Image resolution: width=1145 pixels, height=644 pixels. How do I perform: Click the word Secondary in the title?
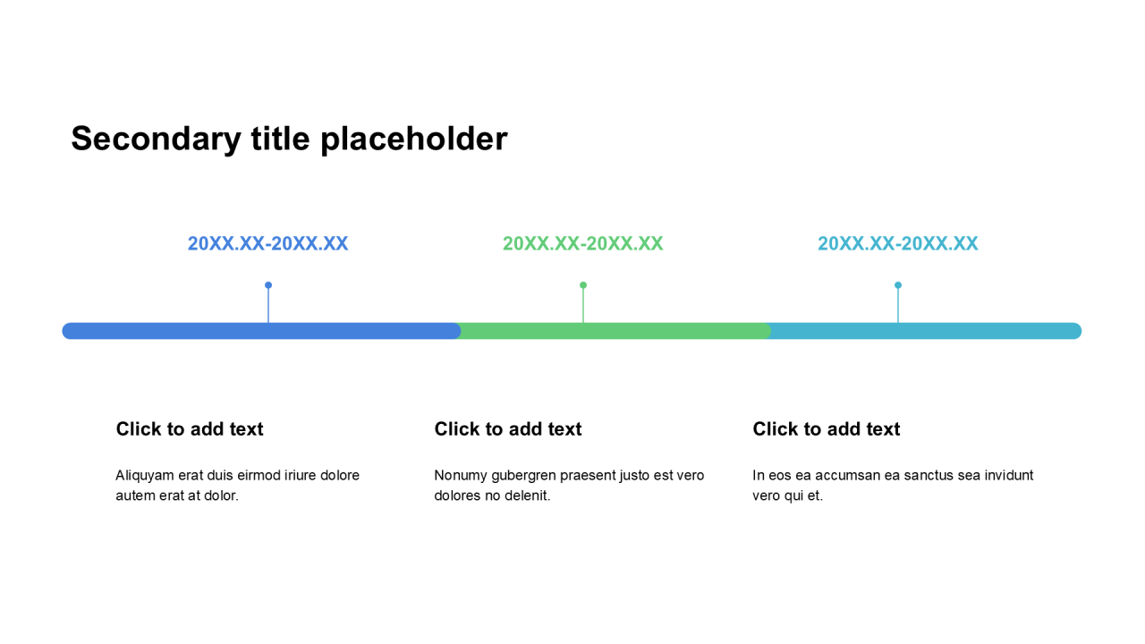(x=156, y=139)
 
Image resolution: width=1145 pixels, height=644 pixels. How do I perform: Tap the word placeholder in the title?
(x=414, y=139)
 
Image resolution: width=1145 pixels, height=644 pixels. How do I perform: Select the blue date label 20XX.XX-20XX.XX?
(x=267, y=243)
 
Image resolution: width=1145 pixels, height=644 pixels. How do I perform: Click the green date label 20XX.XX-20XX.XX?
(x=582, y=243)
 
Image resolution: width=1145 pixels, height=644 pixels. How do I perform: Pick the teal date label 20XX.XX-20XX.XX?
(x=898, y=243)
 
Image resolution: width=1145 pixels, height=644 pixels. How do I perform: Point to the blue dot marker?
(x=268, y=285)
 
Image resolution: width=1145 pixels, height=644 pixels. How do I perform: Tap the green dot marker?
(x=583, y=285)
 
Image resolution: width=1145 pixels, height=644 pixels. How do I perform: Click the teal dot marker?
(x=898, y=285)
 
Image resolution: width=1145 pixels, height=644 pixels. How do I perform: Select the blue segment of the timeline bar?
(x=261, y=331)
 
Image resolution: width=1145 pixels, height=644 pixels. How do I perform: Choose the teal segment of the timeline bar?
(x=926, y=331)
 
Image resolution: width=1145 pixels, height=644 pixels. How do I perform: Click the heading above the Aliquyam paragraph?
(x=190, y=428)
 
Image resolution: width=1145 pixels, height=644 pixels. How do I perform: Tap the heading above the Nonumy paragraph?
(x=508, y=428)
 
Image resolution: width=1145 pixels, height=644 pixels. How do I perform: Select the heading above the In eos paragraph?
(x=827, y=428)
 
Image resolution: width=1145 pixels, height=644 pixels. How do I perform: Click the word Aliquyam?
(x=145, y=476)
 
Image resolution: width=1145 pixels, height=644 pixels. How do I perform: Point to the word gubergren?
(x=524, y=476)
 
